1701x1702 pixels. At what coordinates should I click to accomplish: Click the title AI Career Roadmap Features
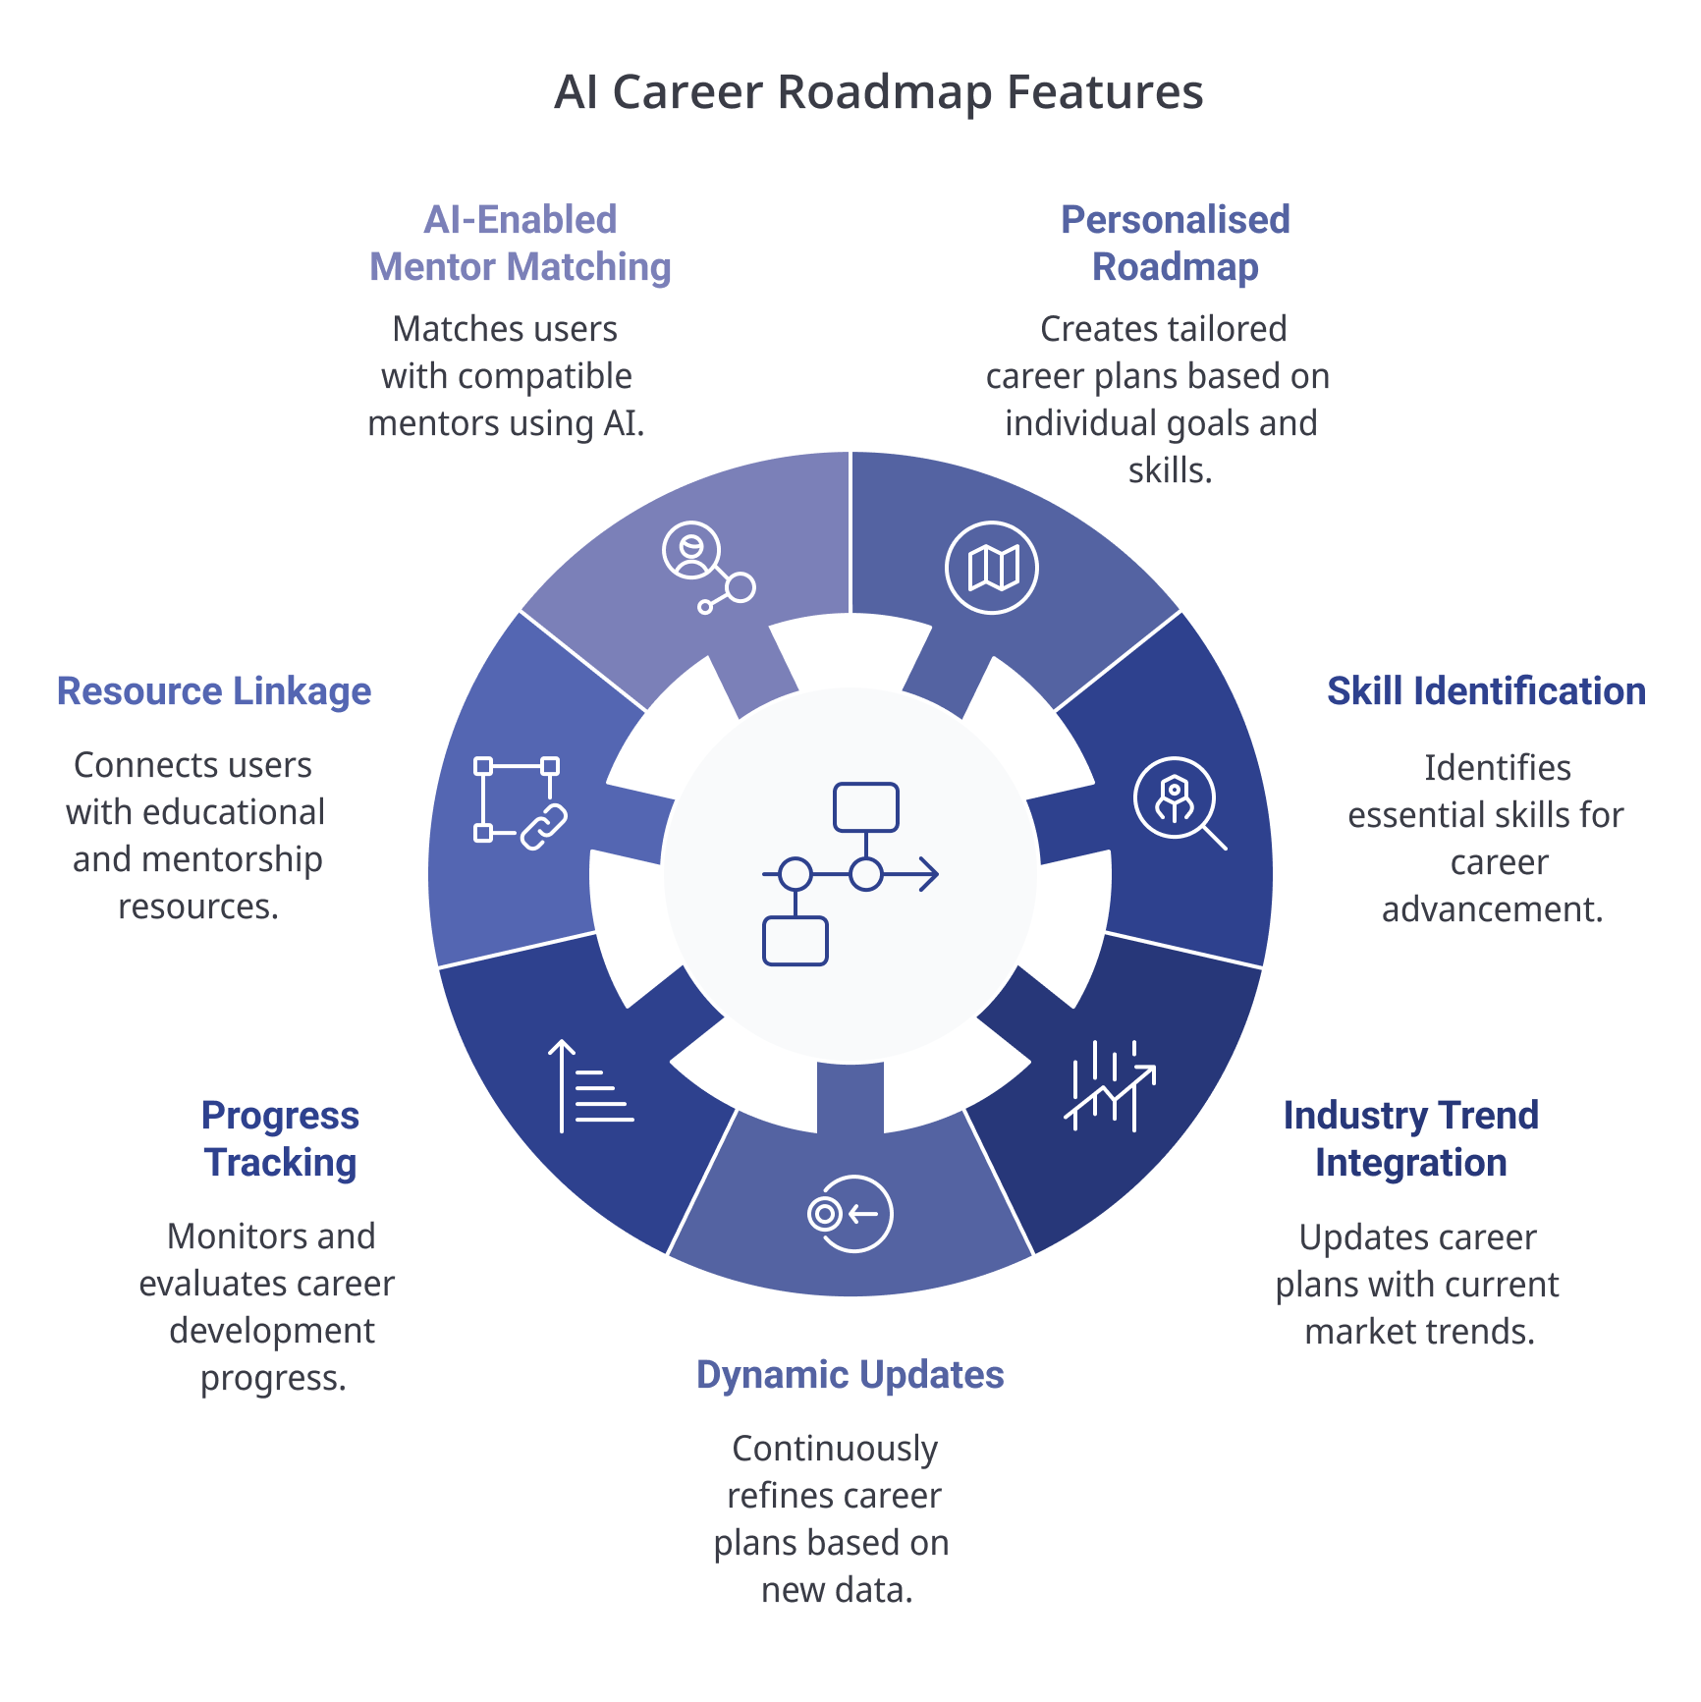click(x=878, y=93)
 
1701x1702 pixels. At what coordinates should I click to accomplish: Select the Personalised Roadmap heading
click(x=1175, y=244)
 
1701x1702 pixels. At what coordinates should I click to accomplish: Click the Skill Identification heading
click(x=1485, y=691)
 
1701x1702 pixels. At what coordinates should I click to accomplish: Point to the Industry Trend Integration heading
click(x=1410, y=1139)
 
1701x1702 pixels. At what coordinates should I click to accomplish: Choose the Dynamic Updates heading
click(x=850, y=1375)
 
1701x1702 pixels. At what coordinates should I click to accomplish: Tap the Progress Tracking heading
click(x=280, y=1139)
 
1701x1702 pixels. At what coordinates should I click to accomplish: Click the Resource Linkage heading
click(x=214, y=691)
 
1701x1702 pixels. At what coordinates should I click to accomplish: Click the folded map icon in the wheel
click(x=992, y=568)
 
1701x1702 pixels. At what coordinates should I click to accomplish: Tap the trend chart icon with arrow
click(x=1111, y=1086)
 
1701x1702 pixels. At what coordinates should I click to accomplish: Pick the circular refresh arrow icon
click(x=850, y=1214)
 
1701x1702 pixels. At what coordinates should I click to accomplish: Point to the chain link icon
click(x=542, y=827)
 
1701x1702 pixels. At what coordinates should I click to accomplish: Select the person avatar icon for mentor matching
click(x=692, y=551)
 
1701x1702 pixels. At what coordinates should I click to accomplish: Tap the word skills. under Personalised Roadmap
click(x=1169, y=471)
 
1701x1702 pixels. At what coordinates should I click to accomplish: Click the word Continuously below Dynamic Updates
click(x=835, y=1450)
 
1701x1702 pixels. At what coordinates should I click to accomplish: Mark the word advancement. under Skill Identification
click(x=1492, y=909)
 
